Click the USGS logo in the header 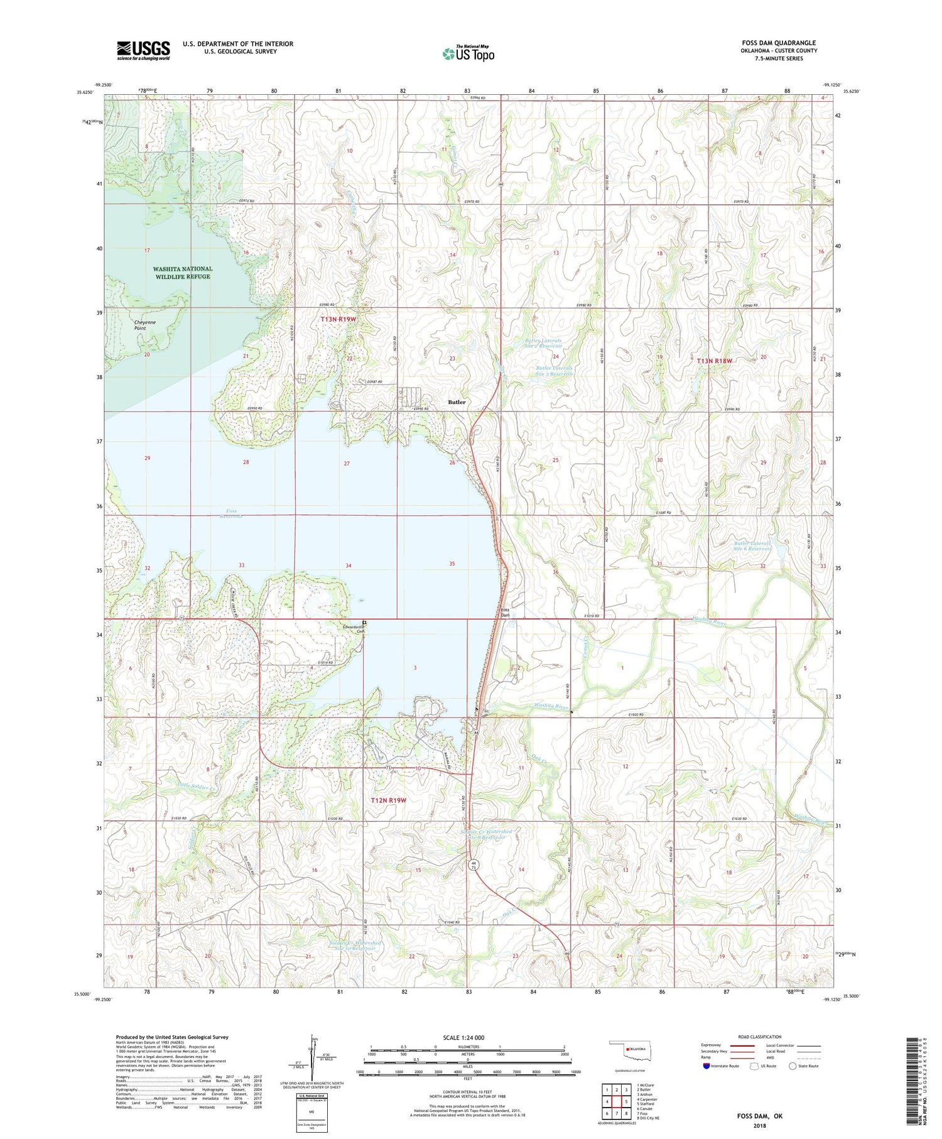143,50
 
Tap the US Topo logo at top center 468,53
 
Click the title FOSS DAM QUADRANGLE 779,43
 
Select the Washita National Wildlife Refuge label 183,273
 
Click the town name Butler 457,402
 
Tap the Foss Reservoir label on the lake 231,513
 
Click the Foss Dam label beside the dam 505,613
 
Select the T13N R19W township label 342,320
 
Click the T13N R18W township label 715,361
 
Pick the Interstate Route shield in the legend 706,1065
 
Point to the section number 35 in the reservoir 452,564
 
